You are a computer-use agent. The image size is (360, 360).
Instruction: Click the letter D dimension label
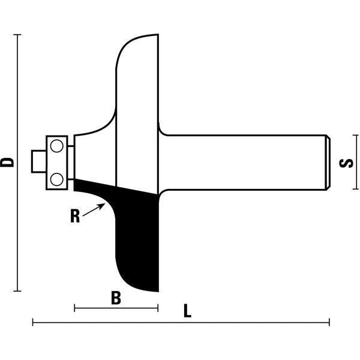[7, 163]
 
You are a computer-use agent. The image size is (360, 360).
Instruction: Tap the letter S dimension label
[346, 163]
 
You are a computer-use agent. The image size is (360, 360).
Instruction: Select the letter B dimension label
[116, 298]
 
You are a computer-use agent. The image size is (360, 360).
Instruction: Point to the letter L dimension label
[187, 311]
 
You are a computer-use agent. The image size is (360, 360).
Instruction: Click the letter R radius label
[75, 216]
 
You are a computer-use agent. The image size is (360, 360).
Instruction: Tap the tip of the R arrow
[104, 203]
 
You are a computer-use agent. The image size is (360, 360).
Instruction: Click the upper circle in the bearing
[57, 146]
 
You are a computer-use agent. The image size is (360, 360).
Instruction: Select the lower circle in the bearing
[57, 179]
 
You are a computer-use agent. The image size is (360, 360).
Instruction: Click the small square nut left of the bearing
[39, 161]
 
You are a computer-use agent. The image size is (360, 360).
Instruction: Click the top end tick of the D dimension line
[17, 35]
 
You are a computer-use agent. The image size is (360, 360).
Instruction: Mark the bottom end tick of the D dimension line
[17, 291]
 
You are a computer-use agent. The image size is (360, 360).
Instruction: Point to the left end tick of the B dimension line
[74, 308]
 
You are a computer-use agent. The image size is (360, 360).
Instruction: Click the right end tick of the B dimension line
[158, 308]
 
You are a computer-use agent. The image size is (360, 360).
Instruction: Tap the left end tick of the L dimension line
[33, 322]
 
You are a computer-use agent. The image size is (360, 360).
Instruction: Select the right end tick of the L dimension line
[329, 322]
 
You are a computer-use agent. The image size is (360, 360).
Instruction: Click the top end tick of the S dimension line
[356, 135]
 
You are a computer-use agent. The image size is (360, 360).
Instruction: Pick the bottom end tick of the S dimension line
[356, 189]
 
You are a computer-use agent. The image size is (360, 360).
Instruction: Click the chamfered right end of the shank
[328, 163]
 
